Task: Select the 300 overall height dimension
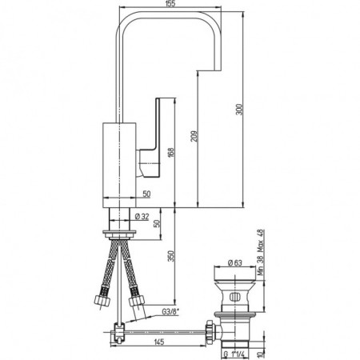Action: (239, 110)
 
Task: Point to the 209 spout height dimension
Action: (194, 136)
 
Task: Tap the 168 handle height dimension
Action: (171, 153)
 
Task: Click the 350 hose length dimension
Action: (171, 256)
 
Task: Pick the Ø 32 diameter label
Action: (142, 217)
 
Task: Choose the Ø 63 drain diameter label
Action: (235, 262)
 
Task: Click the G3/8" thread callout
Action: (170, 311)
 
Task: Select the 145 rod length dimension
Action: (159, 342)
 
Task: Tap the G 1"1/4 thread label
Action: (234, 354)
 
